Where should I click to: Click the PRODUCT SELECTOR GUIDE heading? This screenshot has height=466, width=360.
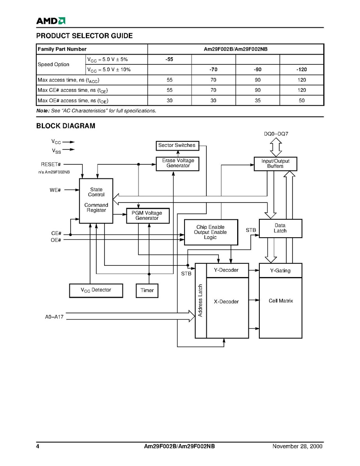point(84,36)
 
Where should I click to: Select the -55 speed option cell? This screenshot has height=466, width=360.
point(169,59)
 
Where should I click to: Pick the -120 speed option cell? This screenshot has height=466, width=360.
point(301,69)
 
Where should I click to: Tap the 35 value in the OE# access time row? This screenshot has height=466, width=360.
point(257,100)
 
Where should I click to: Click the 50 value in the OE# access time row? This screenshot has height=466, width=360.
point(301,100)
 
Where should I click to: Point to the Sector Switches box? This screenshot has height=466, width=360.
point(177,146)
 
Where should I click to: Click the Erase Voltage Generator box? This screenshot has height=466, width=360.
point(177,164)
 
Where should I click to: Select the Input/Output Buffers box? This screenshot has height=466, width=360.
point(275,164)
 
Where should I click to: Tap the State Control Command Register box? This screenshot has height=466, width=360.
point(96,200)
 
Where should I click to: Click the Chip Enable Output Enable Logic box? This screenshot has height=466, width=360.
point(210,232)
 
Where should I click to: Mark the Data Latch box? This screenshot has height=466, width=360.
point(280,228)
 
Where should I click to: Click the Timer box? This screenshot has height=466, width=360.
point(147,290)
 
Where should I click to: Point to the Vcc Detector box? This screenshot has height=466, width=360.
point(96,290)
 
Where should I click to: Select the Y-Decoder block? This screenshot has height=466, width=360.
point(227,270)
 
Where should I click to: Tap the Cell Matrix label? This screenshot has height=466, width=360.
point(280,301)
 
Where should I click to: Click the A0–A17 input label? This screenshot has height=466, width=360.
point(54,317)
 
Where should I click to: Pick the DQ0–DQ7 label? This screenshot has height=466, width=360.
point(276,134)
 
